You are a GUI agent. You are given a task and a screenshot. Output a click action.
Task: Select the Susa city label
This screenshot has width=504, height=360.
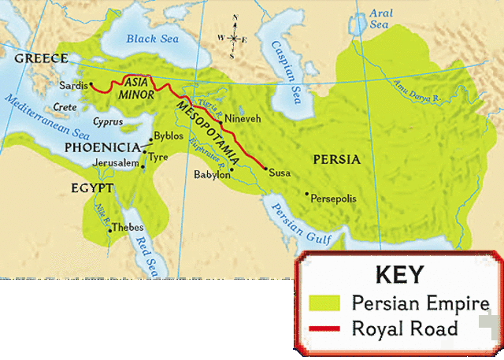click(280, 173)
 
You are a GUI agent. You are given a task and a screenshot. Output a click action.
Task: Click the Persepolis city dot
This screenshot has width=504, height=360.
click(307, 193)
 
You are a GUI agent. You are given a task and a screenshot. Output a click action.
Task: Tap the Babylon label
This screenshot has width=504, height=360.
click(213, 175)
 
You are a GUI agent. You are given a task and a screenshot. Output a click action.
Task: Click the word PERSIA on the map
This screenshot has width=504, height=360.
click(336, 159)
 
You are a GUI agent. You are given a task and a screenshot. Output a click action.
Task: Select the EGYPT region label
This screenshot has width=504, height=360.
click(93, 189)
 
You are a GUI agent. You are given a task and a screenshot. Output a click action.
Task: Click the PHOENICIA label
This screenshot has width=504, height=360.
click(102, 147)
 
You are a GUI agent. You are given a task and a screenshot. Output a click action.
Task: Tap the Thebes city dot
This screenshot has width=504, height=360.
click(109, 230)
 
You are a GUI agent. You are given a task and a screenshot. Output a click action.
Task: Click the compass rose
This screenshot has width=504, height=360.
click(232, 38)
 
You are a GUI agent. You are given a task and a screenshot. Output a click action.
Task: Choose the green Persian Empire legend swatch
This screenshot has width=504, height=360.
click(324, 302)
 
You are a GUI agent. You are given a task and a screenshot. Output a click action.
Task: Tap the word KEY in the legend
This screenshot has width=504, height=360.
click(399, 275)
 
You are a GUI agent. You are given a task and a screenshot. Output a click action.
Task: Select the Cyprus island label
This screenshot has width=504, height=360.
click(107, 122)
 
